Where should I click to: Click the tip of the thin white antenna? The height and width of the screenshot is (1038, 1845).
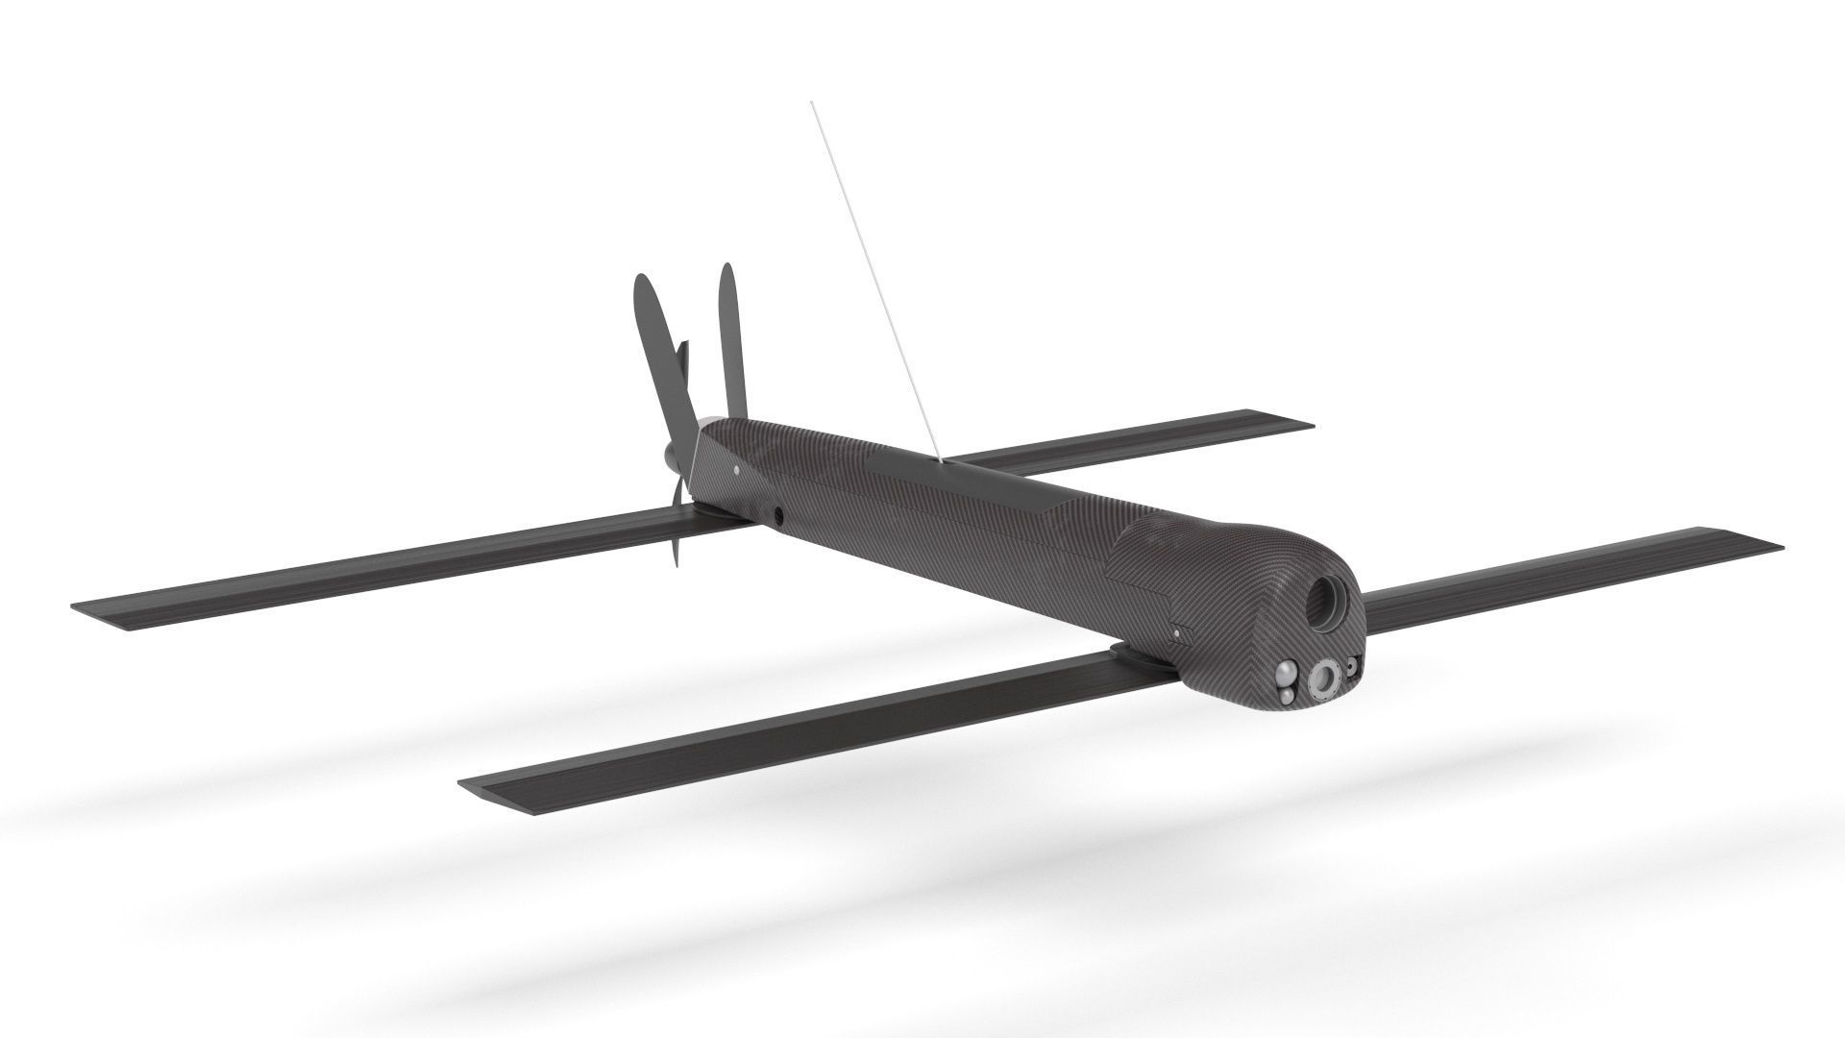click(x=812, y=101)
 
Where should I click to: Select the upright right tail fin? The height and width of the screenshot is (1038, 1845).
click(x=731, y=336)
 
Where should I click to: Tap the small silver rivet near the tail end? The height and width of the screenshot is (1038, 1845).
click(x=736, y=470)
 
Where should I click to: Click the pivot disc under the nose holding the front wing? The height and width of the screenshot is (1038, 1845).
click(x=1139, y=655)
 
